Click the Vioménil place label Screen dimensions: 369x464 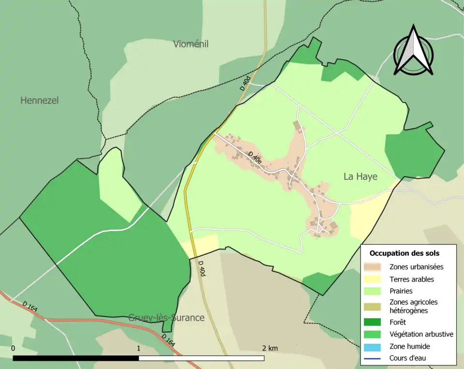point(190,44)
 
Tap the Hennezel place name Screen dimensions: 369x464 point(39,101)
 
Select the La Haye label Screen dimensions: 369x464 point(360,177)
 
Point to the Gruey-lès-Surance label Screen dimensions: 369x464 point(166,318)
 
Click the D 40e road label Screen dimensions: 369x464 point(256,159)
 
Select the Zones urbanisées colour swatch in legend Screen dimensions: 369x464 point(375,266)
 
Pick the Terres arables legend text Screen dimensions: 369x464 point(411,279)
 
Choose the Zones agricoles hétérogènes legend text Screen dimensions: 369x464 point(413,306)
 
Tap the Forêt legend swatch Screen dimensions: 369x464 point(375,322)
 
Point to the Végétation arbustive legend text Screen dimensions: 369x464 point(421,334)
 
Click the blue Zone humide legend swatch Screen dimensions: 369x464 point(375,346)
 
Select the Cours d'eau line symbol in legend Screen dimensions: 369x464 point(375,358)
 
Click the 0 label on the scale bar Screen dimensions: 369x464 point(13,348)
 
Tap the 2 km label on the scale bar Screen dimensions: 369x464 point(270,348)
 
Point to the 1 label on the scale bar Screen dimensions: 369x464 point(139,348)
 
